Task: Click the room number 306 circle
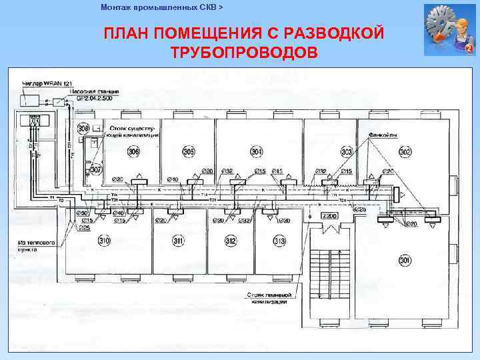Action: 135,152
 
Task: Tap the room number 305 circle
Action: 189,152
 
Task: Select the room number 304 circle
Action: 257,152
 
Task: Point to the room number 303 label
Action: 347,152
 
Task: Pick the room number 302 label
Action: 405,152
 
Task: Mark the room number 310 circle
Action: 104,240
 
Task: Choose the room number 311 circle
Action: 178,241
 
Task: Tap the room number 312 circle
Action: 231,241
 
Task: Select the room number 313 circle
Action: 279,241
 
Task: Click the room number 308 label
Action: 83,128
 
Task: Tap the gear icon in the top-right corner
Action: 449,30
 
